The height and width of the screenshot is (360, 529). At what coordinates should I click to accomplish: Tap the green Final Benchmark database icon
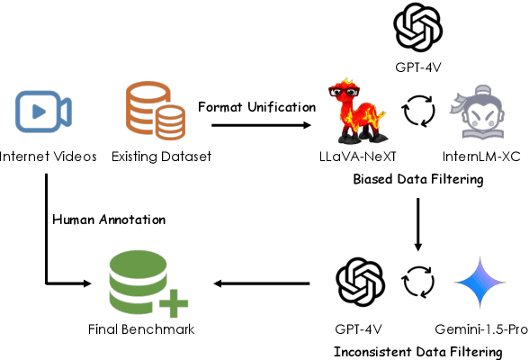click(x=144, y=283)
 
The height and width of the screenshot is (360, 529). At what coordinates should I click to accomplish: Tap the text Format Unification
click(x=256, y=108)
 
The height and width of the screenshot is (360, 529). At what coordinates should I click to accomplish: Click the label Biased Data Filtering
click(x=417, y=180)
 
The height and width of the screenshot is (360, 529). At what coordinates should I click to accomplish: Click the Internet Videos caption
click(x=48, y=157)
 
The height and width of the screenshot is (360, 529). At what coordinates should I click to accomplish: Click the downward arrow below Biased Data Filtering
click(x=417, y=220)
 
